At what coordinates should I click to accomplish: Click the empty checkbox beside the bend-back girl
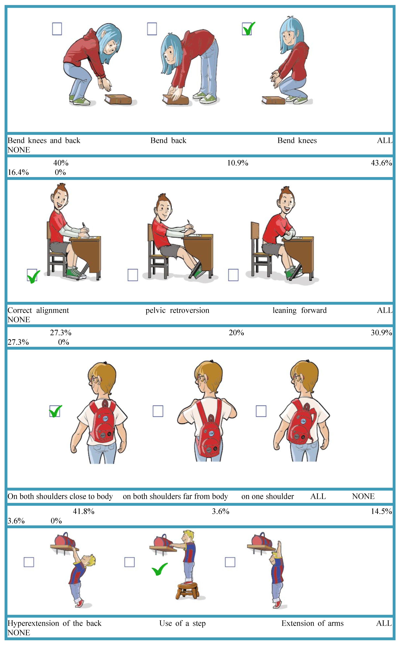click(x=152, y=29)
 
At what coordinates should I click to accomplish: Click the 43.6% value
click(x=381, y=163)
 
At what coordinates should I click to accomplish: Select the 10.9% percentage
click(x=237, y=163)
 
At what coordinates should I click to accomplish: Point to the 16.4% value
click(x=18, y=172)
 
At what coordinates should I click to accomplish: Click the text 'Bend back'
click(x=168, y=141)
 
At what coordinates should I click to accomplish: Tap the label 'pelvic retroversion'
click(x=177, y=310)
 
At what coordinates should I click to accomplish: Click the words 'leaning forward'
click(x=300, y=310)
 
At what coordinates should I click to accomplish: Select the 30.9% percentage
click(x=381, y=333)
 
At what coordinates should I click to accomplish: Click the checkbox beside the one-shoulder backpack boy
click(x=261, y=411)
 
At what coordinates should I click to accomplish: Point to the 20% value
click(x=236, y=333)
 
